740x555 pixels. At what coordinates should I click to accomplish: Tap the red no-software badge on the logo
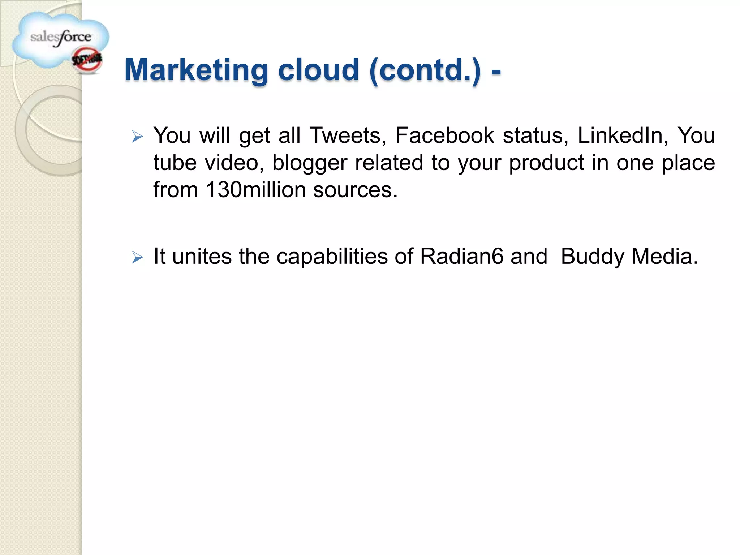point(87,61)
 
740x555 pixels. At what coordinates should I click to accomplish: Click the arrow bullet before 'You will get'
point(137,137)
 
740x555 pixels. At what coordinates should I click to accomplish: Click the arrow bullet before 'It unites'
point(137,258)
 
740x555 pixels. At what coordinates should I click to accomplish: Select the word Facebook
point(445,136)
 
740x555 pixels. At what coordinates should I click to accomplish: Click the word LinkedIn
point(623,136)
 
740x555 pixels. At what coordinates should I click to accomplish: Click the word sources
point(355,190)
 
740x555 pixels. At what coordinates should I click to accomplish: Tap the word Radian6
point(462,257)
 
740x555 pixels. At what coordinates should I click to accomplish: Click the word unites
point(202,257)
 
